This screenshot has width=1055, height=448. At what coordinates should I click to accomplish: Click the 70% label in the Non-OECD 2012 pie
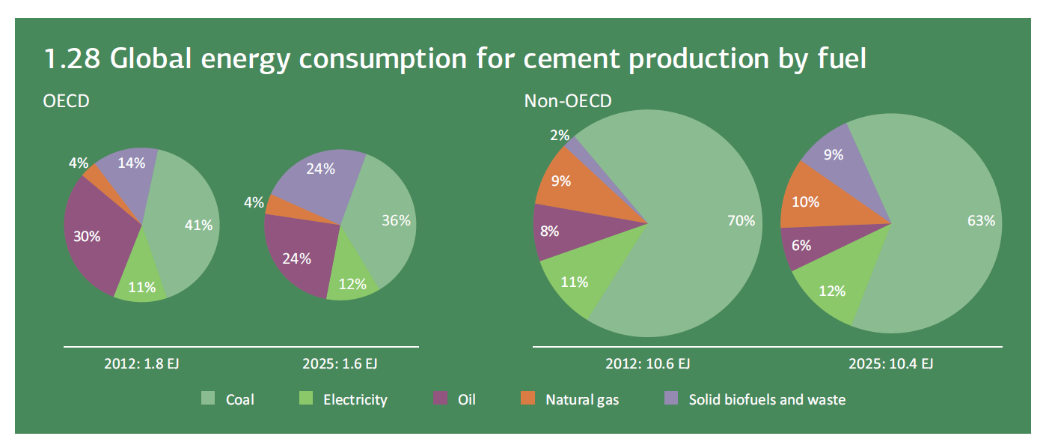741,220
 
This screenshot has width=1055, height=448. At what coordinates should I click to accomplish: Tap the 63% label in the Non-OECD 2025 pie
980,220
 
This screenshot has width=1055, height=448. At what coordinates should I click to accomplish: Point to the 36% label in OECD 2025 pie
396,220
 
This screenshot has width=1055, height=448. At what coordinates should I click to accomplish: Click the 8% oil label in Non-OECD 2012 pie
549,231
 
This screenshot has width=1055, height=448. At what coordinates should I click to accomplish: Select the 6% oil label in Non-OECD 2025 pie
801,244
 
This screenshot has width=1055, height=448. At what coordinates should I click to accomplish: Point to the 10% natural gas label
805,202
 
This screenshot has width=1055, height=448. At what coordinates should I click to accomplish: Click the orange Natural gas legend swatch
527,399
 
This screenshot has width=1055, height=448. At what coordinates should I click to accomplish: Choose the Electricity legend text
355,399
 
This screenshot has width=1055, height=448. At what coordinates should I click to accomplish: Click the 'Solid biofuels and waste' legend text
767,399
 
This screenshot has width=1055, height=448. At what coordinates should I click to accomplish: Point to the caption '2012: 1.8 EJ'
141,364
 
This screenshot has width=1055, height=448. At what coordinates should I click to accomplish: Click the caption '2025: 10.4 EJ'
890,364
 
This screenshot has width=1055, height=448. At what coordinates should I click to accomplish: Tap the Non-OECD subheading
568,100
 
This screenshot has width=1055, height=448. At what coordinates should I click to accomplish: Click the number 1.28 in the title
72,59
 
